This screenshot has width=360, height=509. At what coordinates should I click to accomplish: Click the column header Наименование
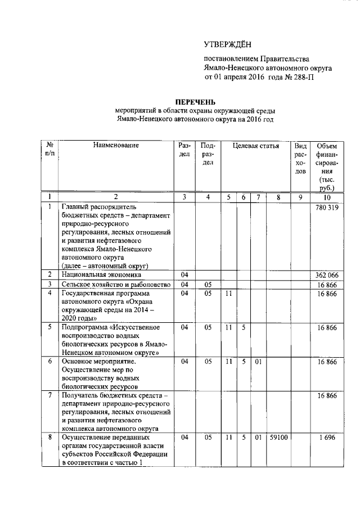tap(116, 146)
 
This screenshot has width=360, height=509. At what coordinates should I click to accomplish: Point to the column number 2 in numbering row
tap(116, 197)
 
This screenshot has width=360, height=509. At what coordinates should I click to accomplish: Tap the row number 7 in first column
tap(50, 396)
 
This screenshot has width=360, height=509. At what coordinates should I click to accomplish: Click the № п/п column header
tap(50, 150)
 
